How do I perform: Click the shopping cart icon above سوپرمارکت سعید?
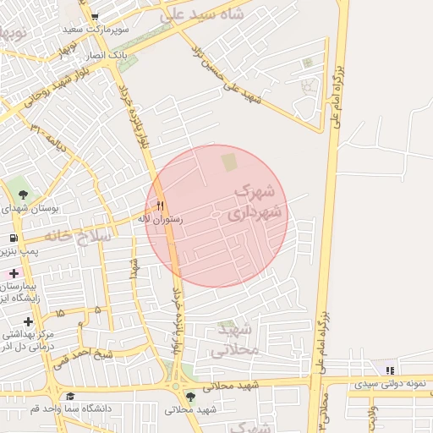click(x=94, y=16)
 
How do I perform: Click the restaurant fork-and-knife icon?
click(x=160, y=206)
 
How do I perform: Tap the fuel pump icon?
click(x=14, y=239)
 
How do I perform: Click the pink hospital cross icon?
click(x=14, y=272)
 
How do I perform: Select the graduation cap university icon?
click(x=70, y=396)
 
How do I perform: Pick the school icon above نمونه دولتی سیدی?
click(x=389, y=370)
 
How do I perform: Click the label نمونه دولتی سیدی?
click(x=388, y=384)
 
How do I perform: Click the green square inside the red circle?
click(x=229, y=161)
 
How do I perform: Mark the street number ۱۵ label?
click(x=59, y=314)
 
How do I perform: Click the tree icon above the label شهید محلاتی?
click(x=190, y=396)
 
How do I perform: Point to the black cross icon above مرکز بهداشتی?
click(x=29, y=321)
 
